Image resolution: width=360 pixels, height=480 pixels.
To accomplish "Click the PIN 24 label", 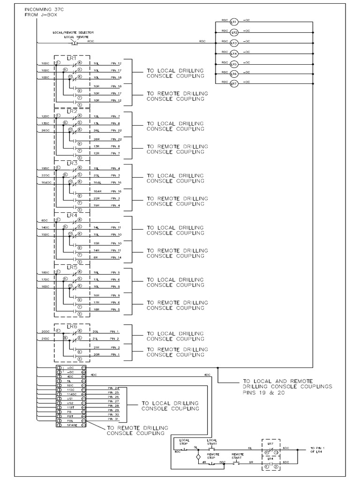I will point(113,389).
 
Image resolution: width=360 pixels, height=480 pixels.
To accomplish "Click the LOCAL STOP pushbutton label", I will point(184,442).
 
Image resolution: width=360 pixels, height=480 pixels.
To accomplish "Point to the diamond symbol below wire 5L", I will point(198,456).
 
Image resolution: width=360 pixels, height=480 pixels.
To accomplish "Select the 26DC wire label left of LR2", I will point(45,130).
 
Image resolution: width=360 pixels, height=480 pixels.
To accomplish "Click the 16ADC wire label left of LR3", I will point(45,182).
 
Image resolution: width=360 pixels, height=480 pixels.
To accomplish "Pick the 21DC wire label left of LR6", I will point(45,338).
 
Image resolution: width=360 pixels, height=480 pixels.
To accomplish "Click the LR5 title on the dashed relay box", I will point(72,267).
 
